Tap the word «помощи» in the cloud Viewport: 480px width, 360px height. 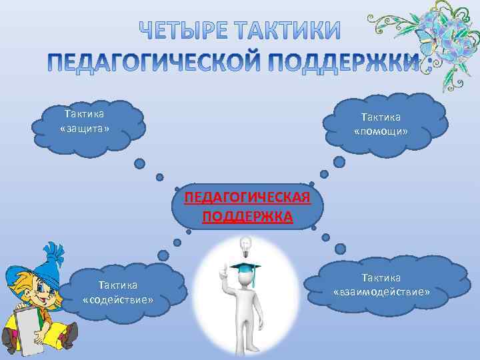[381, 131]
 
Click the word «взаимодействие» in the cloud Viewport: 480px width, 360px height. [382, 291]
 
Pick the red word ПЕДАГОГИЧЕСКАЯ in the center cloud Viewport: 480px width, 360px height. [247, 198]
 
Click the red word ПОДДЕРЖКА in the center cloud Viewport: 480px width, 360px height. [247, 217]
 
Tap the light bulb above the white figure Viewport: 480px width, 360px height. [246, 247]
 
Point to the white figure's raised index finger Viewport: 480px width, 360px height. [222, 268]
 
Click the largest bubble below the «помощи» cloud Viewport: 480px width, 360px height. [339, 162]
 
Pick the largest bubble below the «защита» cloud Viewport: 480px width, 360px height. [139, 163]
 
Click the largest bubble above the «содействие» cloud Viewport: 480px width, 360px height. [163, 255]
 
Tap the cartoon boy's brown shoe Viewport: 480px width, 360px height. [67, 336]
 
